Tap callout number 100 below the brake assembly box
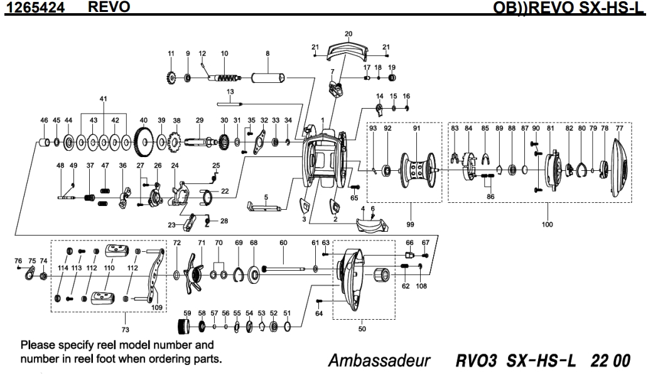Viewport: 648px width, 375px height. pyautogui.click(x=548, y=224)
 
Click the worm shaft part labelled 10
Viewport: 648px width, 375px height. pyautogui.click(x=224, y=79)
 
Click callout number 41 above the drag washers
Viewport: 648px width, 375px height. pyautogui.click(x=104, y=99)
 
